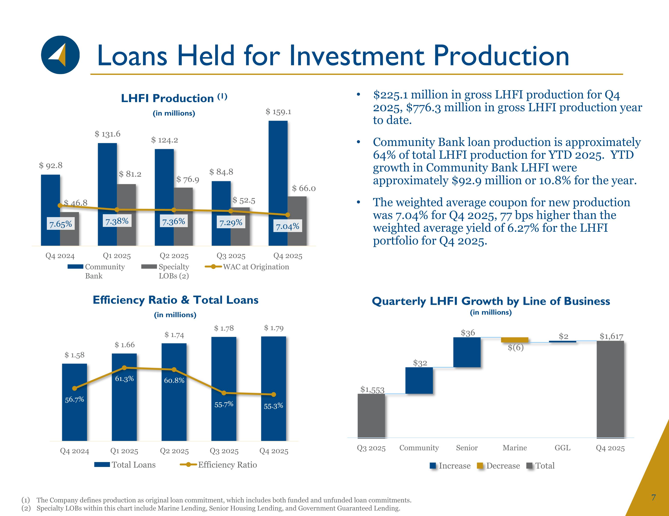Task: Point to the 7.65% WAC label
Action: pyautogui.click(x=61, y=224)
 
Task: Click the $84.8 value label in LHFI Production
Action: pyautogui.click(x=221, y=172)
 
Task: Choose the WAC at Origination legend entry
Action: pyautogui.click(x=247, y=267)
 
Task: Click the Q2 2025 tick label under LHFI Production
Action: pyautogui.click(x=174, y=256)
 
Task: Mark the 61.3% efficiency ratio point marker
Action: pyautogui.click(x=124, y=368)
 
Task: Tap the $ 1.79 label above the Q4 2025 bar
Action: pyautogui.click(x=274, y=328)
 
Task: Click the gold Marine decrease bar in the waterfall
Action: pyautogui.click(x=515, y=340)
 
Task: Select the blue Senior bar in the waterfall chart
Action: pyautogui.click(x=467, y=352)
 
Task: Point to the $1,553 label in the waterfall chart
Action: pyautogui.click(x=372, y=390)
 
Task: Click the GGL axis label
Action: pyautogui.click(x=562, y=448)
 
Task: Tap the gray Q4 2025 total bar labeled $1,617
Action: pyautogui.click(x=610, y=389)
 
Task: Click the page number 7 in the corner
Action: pyautogui.click(x=653, y=497)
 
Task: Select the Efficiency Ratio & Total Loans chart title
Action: pyautogui.click(x=176, y=300)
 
